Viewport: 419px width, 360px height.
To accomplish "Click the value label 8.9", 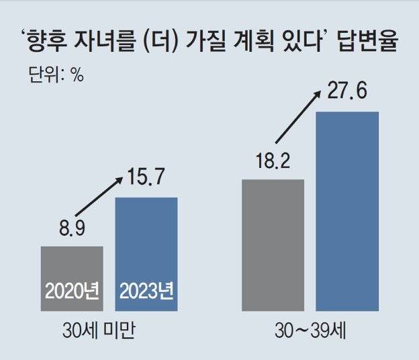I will pyautogui.click(x=72, y=230).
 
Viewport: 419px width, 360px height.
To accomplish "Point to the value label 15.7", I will pyautogui.click(x=148, y=179).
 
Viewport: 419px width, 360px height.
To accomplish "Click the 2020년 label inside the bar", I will pyautogui.click(x=72, y=291).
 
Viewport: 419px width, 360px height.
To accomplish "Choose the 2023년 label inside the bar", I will pyautogui.click(x=146, y=291).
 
